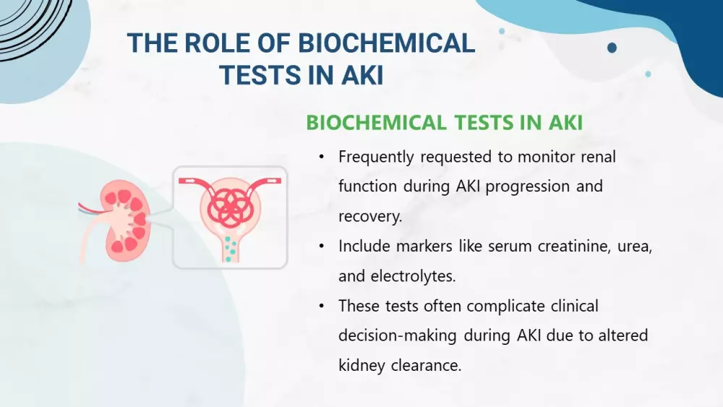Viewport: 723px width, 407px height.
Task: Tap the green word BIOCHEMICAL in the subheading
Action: [376, 123]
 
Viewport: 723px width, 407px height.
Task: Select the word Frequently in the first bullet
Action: [376, 157]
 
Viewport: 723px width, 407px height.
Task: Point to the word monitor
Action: [545, 157]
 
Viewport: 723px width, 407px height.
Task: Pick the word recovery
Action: [370, 217]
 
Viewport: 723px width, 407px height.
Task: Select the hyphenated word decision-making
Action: [397, 335]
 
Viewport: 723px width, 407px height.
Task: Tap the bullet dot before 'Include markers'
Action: [322, 247]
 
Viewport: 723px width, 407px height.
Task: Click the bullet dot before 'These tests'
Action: [322, 306]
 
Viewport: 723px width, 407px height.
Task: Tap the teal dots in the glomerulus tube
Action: [231, 249]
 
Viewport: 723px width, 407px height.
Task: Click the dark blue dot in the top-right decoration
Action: [612, 48]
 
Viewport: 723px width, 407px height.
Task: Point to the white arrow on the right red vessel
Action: [272, 181]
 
